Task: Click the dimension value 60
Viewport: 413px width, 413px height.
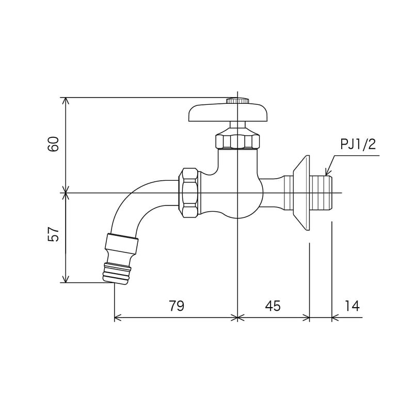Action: coord(53,144)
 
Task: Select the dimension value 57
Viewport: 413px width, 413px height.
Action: coord(53,234)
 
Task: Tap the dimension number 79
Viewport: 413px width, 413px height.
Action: coord(177,306)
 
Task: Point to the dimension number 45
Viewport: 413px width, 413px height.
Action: coord(273,306)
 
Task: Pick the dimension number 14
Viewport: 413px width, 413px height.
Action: coord(352,306)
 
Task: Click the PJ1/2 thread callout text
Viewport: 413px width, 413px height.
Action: coord(358,145)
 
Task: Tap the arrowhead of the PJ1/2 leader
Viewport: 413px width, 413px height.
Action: coord(328,172)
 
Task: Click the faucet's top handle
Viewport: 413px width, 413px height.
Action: coord(229,113)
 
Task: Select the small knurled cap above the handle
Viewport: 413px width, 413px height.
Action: coord(237,101)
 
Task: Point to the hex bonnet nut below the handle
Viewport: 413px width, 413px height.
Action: coord(237,141)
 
